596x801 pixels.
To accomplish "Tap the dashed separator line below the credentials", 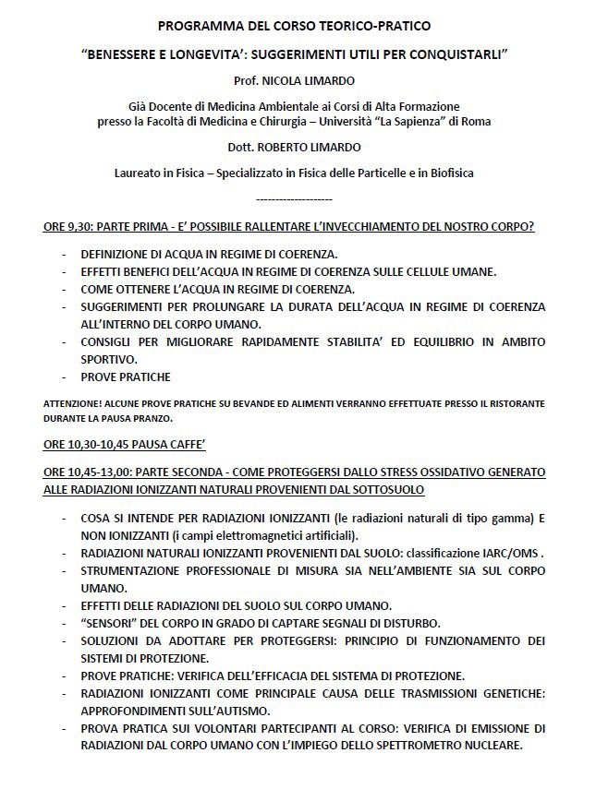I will (293, 199).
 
